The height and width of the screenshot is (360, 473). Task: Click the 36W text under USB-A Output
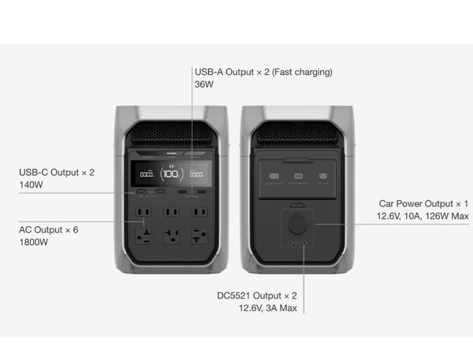203,85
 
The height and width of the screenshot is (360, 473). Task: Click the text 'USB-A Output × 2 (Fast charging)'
263,72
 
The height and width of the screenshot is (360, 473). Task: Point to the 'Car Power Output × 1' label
423,203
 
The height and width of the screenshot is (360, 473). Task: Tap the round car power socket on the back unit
298,223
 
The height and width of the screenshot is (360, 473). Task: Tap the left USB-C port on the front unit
142,193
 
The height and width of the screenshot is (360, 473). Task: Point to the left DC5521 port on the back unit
291,246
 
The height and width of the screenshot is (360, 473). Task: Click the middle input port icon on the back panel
298,176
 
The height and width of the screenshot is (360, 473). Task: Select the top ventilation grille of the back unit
298,132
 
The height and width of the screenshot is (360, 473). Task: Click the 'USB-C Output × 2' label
57,171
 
